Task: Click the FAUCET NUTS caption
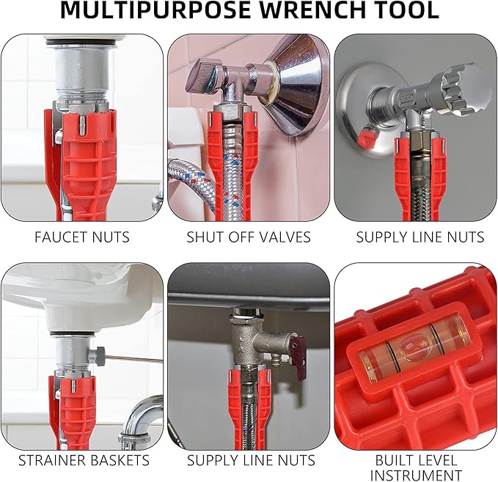(82, 237)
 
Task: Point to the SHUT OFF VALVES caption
(249, 237)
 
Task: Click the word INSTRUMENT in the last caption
(416, 475)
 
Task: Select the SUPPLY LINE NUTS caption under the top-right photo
(420, 237)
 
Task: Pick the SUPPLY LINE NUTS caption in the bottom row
(251, 461)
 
